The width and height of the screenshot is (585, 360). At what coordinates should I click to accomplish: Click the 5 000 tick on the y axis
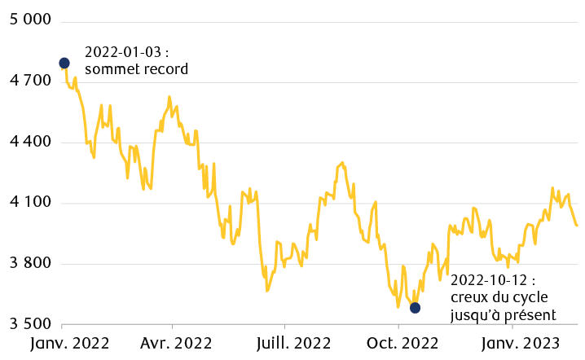[29, 20]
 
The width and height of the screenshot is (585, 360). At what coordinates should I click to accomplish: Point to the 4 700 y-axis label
[29, 81]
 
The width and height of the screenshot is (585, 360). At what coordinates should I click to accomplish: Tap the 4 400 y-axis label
[29, 143]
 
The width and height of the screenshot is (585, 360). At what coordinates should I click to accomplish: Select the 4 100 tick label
[29, 203]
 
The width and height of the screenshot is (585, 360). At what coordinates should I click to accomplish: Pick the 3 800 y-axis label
[29, 264]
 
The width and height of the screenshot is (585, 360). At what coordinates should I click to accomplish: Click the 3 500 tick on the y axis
[29, 324]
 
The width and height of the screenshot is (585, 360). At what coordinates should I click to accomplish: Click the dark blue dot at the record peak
[64, 63]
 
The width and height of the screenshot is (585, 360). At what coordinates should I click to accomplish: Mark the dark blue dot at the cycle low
[415, 307]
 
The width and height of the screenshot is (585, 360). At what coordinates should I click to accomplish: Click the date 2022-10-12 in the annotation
[486, 279]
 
